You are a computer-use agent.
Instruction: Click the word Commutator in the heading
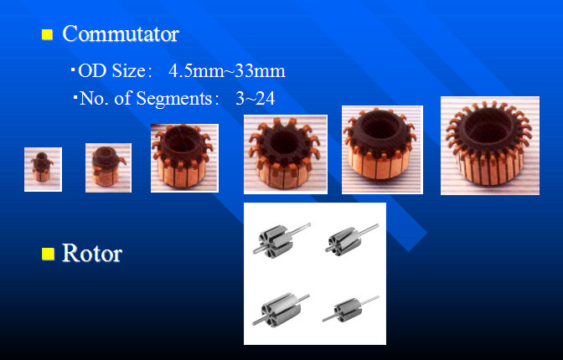coord(121,34)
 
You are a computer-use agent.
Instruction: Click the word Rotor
coord(92,253)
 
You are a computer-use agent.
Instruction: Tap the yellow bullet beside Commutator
coord(47,34)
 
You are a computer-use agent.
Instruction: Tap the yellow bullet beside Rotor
coord(48,254)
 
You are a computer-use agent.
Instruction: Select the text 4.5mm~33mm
coord(227,70)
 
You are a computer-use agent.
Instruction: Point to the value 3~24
coord(256,98)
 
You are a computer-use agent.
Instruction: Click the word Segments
coord(174,98)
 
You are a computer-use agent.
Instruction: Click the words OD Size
coord(111,70)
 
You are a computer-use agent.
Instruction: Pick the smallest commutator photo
coord(43,169)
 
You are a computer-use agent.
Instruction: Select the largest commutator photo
coord(490,146)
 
